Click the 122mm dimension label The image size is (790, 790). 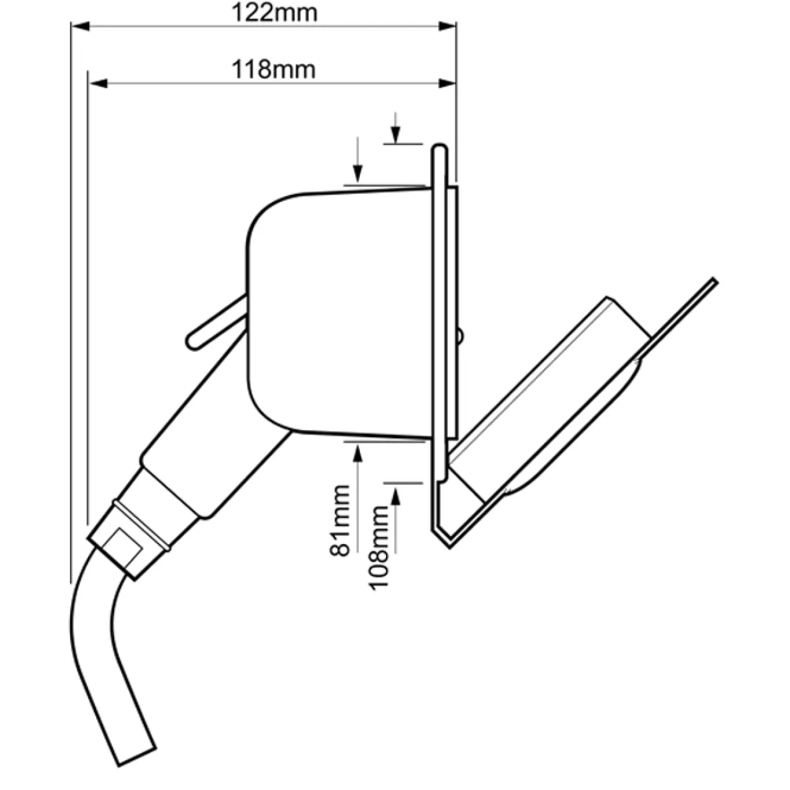coord(274,13)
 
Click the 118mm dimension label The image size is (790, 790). coord(273,69)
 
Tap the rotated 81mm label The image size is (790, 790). coord(340,521)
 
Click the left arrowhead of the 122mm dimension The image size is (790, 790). coord(81,26)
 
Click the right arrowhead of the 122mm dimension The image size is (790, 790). coord(447,26)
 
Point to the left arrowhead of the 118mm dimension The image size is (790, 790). coord(98,83)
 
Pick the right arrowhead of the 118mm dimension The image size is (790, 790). coord(447,83)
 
